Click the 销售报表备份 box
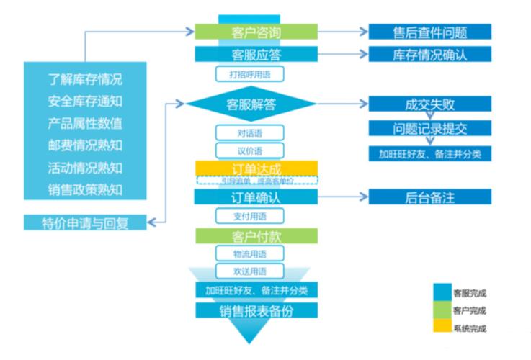[256, 310]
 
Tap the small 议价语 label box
[250, 150]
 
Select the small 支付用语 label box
[250, 216]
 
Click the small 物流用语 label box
[250, 253]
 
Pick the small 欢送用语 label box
[250, 271]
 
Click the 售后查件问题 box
[430, 32]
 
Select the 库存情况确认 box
[430, 55]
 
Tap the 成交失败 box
[430, 104]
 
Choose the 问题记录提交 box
[430, 129]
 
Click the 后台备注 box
[430, 197]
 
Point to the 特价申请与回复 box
[84, 222]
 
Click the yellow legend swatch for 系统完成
[442, 328]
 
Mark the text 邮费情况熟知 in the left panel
[85, 145]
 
